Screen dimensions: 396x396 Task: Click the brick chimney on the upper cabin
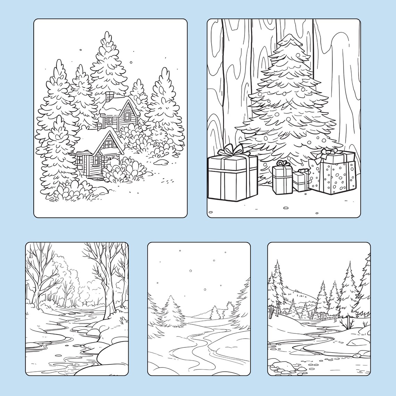click(110, 96)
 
